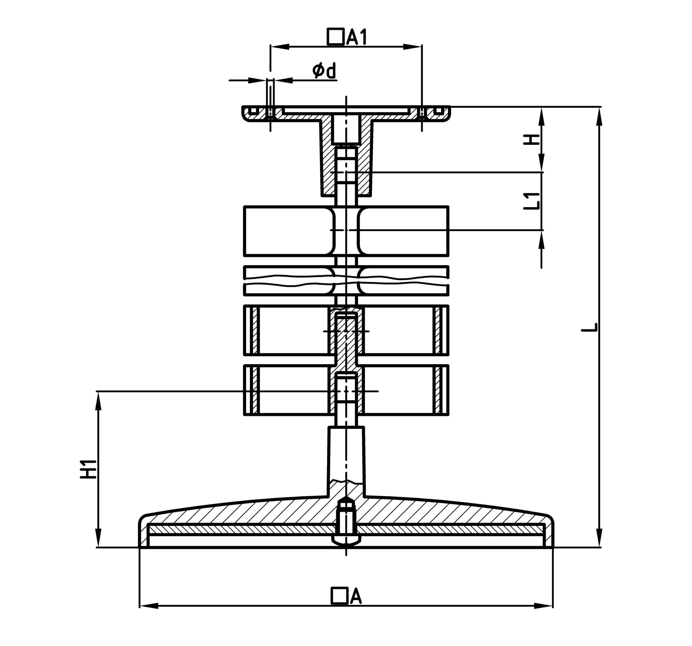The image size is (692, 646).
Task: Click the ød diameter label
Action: click(x=324, y=71)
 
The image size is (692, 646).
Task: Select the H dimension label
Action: click(x=532, y=140)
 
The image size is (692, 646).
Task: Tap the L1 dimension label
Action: click(x=532, y=201)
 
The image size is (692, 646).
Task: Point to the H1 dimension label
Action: click(x=89, y=469)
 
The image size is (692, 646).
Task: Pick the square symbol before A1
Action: click(x=336, y=36)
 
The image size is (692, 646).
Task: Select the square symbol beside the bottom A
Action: click(x=339, y=596)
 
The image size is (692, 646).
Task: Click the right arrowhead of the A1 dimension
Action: click(x=412, y=47)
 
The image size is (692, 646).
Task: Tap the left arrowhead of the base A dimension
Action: click(x=149, y=606)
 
